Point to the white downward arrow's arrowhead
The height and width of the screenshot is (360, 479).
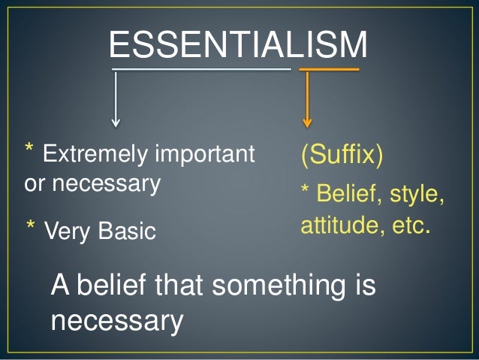click(116, 120)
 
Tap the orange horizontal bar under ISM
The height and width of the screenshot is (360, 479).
click(329, 70)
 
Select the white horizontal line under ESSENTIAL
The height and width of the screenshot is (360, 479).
click(201, 70)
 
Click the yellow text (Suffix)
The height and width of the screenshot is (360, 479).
click(342, 155)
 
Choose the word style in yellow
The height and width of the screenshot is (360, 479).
click(414, 195)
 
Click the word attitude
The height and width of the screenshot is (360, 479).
click(335, 224)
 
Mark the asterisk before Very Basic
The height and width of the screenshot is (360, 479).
click(32, 227)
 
